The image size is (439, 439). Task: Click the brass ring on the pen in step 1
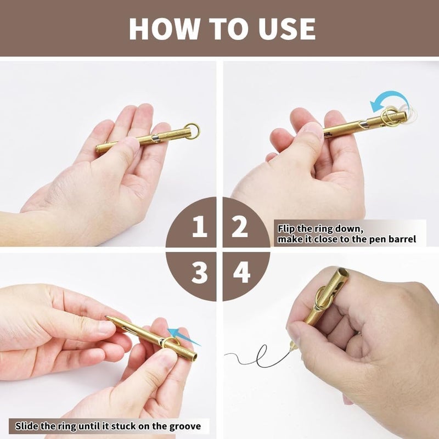click(x=192, y=131)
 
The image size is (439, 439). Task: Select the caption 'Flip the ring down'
click(x=313, y=228)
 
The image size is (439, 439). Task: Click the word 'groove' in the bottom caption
click(x=183, y=426)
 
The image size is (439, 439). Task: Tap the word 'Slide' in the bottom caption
click(x=27, y=426)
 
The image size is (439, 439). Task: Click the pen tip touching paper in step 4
click(x=292, y=346)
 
